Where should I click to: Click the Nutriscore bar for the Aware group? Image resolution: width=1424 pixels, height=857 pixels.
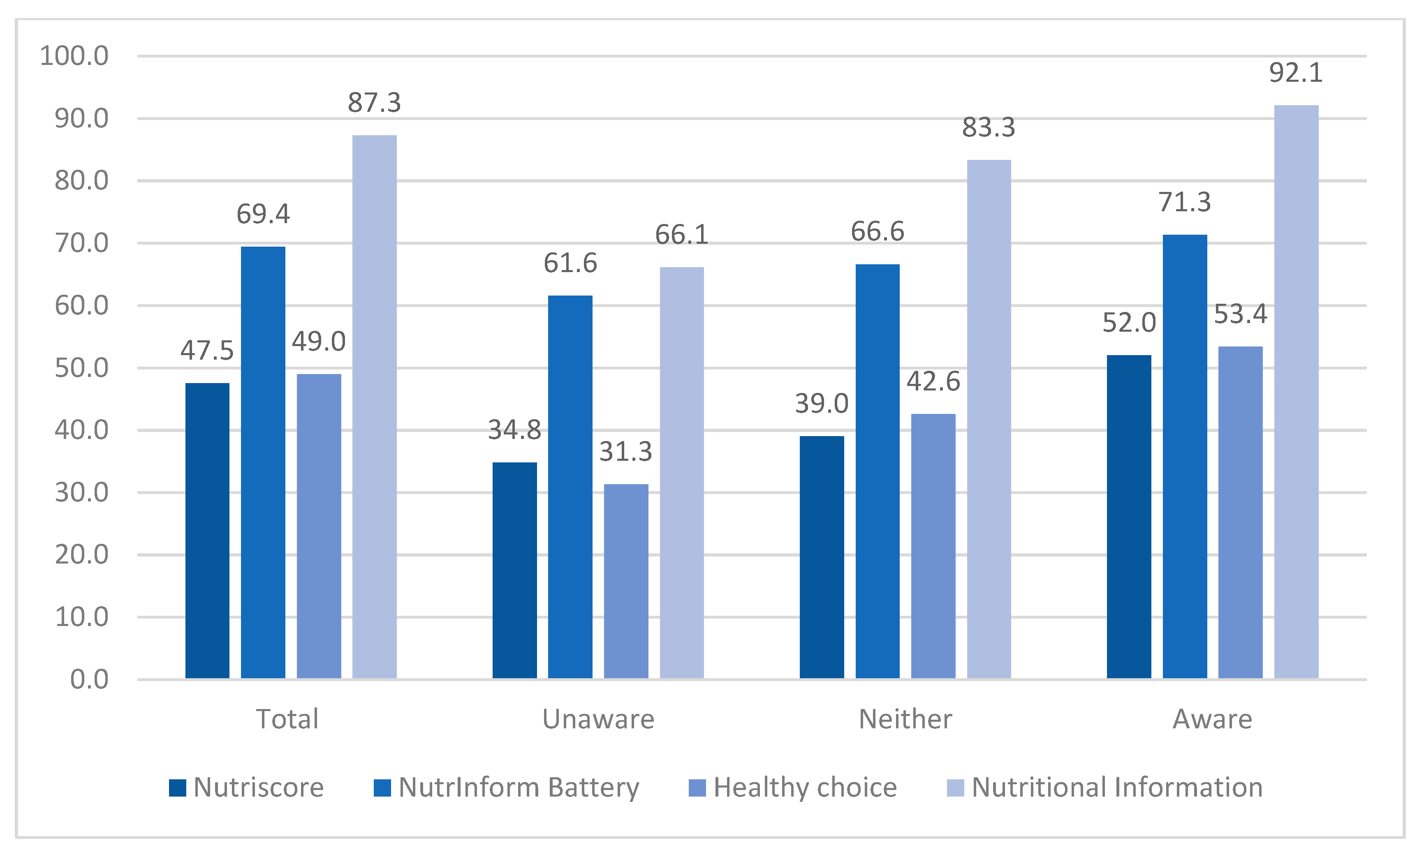(1128, 516)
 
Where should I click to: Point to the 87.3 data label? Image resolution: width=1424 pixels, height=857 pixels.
(374, 103)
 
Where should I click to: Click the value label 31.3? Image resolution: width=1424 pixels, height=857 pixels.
(625, 452)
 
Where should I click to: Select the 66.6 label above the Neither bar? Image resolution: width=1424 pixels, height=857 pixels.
(877, 231)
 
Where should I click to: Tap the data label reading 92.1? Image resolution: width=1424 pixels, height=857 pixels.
(1296, 73)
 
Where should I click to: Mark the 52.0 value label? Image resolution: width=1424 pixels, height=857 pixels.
(1128, 323)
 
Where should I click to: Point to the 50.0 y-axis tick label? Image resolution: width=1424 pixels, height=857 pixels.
(81, 368)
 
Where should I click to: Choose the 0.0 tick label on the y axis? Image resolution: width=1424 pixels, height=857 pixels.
(89, 680)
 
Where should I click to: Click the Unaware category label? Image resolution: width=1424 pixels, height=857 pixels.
(598, 719)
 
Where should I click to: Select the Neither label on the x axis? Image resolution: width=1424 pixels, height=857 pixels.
(905, 719)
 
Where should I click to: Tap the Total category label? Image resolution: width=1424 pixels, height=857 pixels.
(287, 719)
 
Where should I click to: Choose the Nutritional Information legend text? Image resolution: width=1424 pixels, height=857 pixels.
(1117, 788)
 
